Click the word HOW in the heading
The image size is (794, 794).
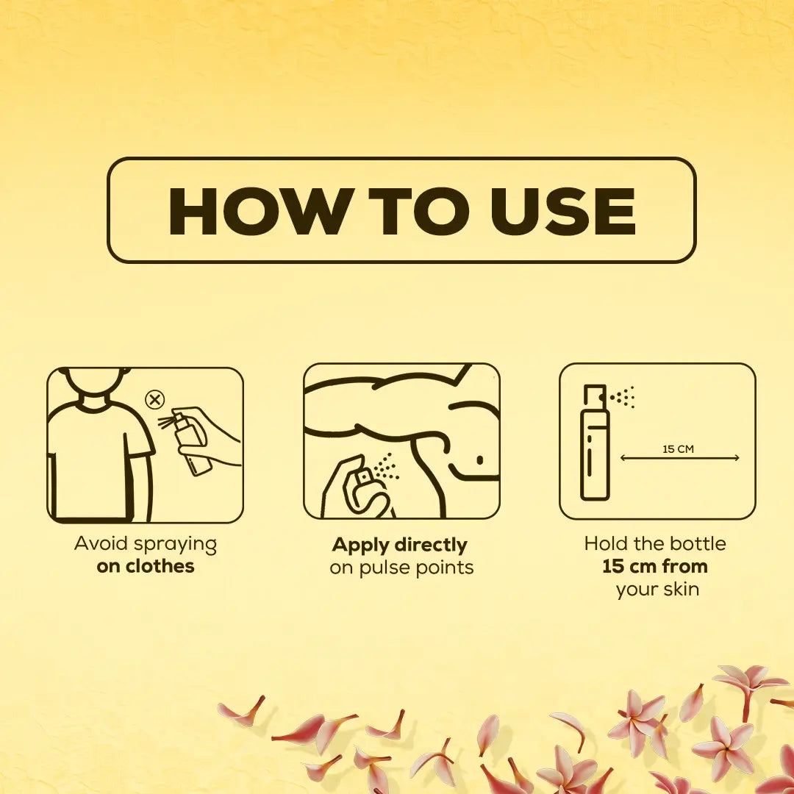258,211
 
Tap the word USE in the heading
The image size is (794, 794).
562,211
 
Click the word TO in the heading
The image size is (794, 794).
419,211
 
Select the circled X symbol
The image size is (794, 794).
154,400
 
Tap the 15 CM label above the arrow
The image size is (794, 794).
678,448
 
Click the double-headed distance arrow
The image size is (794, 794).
679,458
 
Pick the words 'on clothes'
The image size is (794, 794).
146,565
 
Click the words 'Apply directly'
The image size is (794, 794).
399,545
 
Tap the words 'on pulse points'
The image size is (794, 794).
401,568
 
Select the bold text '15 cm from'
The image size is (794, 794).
655,565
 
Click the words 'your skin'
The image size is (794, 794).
657,590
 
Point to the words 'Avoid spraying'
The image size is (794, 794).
146,544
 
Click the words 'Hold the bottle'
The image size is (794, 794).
655,543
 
